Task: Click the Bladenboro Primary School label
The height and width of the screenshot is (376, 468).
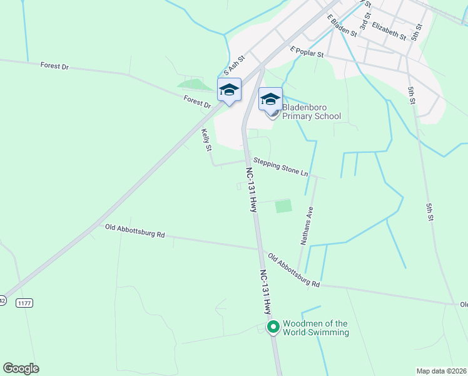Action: click(x=312, y=112)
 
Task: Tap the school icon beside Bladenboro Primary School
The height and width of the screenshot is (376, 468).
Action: click(x=270, y=99)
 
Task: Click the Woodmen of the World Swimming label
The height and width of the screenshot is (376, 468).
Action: click(x=315, y=328)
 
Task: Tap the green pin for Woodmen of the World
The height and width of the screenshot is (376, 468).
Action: click(x=273, y=326)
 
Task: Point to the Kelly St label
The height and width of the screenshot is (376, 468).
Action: click(x=206, y=140)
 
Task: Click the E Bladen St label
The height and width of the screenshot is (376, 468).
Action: click(x=342, y=24)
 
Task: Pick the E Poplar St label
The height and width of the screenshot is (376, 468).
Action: click(x=306, y=51)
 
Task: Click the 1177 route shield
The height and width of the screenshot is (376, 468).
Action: click(x=24, y=303)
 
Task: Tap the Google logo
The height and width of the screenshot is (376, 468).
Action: click(x=21, y=368)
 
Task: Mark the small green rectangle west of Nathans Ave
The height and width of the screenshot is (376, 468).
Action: click(x=284, y=206)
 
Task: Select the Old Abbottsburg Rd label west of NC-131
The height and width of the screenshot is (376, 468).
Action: click(x=135, y=231)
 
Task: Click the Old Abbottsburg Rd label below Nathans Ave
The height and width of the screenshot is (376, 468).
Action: click(x=294, y=270)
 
